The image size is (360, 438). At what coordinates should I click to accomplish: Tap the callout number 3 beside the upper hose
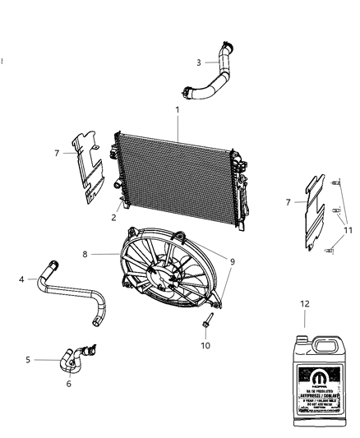point(198,62)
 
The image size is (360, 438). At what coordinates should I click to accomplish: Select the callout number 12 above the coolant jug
point(305,304)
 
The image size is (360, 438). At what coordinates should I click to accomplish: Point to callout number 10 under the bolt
point(205,345)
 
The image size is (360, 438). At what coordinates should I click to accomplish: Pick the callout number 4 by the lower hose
point(21,279)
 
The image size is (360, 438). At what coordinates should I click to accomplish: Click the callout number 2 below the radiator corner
point(113,218)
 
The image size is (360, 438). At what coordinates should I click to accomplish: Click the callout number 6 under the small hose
point(70,383)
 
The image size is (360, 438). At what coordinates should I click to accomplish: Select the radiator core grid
point(177,173)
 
